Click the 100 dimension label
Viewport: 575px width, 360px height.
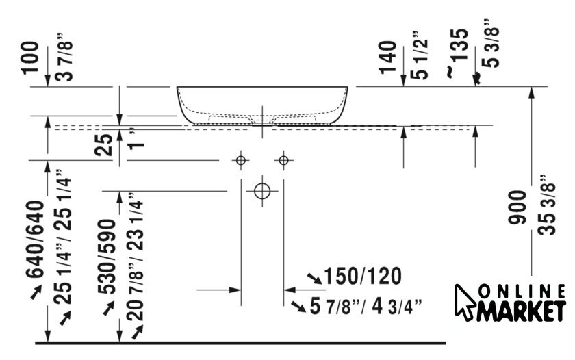[30, 57]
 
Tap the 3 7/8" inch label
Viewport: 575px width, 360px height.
[65, 57]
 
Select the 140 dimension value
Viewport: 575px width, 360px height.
[388, 57]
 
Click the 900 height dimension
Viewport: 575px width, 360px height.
[517, 207]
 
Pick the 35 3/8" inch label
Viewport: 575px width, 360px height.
[548, 205]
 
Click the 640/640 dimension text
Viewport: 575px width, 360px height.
[35, 239]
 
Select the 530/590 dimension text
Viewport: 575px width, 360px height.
[107, 257]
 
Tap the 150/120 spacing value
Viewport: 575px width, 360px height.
[363, 276]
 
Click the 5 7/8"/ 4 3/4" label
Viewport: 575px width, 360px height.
[366, 306]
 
